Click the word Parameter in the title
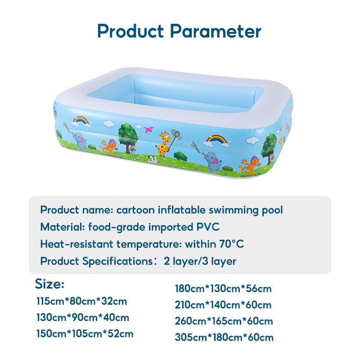point(216,31)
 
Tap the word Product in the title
point(130,31)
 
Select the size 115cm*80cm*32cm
point(81,301)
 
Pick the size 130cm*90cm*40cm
point(83,318)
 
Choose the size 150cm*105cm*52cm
point(85,333)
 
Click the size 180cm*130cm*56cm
point(223,288)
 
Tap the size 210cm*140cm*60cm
point(223,305)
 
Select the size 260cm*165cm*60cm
point(224,321)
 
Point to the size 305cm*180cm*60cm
point(224,337)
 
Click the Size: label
point(49,284)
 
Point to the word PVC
point(208,227)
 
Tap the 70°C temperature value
point(231,244)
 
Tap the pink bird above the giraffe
point(149,130)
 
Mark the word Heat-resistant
point(76,244)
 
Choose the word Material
point(63,227)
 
